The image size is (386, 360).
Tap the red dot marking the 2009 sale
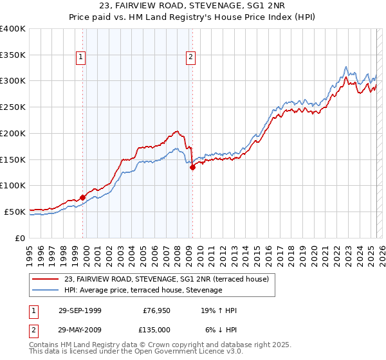(192, 167)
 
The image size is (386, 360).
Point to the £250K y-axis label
(13, 107)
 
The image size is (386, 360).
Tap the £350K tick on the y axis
(13, 55)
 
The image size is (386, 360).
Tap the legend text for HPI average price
(143, 291)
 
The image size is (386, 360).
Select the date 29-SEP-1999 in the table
(79, 310)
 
